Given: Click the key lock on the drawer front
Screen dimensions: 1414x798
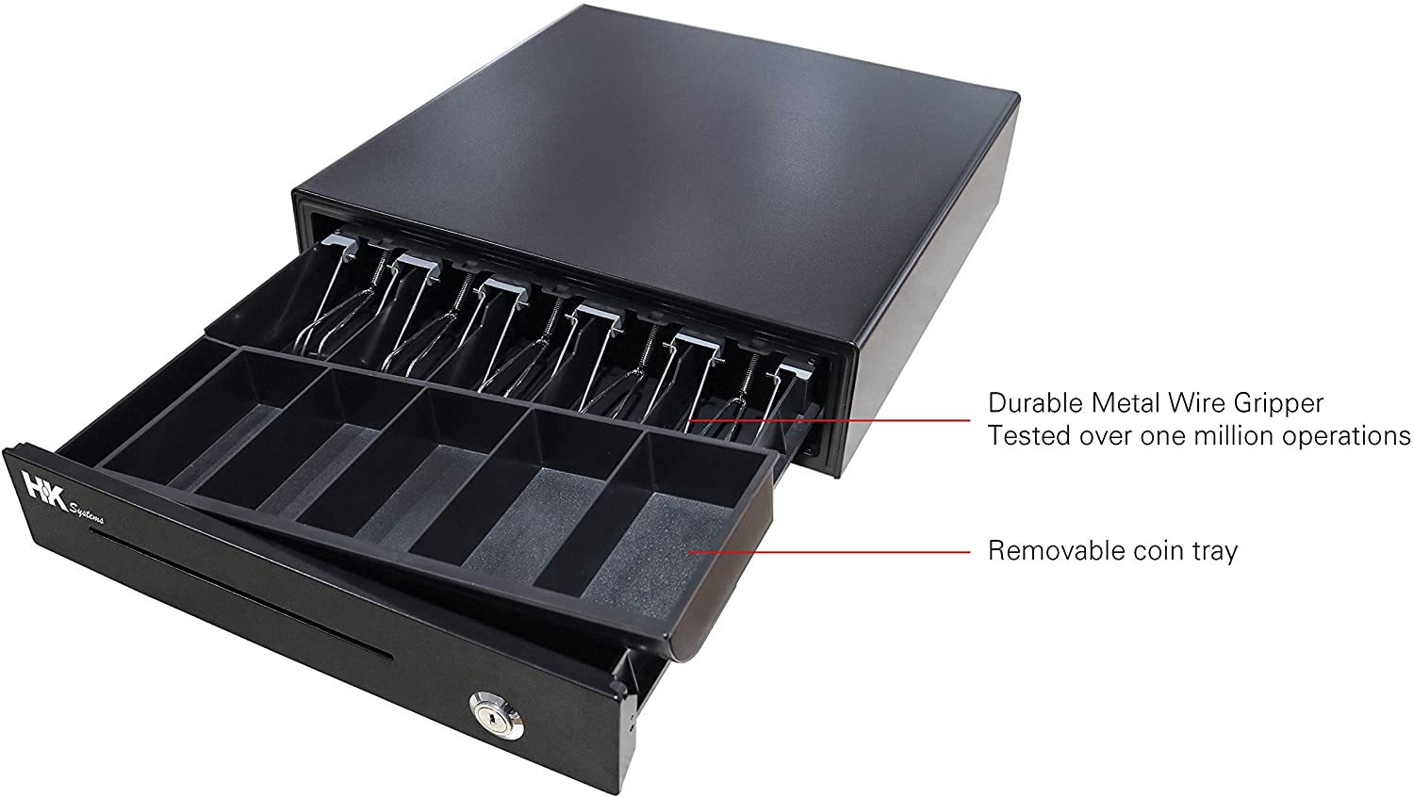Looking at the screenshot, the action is [x=496, y=716].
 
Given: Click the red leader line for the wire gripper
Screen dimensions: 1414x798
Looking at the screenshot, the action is [x=829, y=420].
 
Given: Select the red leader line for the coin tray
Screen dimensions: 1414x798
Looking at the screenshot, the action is [x=829, y=552].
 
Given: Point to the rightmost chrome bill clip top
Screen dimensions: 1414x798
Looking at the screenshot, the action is [x=797, y=371].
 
